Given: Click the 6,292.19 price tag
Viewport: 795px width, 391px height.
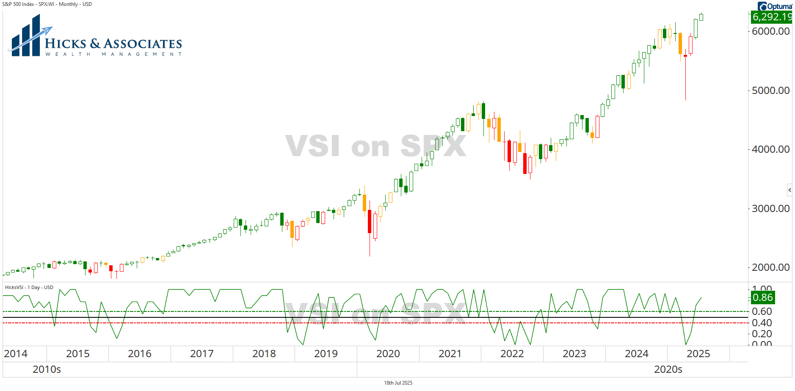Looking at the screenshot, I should (771, 17).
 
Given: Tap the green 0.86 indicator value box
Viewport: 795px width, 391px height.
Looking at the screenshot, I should (763, 297).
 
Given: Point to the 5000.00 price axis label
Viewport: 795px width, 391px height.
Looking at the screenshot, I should (770, 91).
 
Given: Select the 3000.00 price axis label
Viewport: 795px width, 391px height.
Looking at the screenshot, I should (770, 209).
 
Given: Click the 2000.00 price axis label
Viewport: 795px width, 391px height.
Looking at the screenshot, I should (770, 267).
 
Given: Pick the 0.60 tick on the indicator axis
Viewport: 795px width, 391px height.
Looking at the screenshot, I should (762, 311).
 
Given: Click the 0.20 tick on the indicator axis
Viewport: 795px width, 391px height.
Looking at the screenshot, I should (762, 334).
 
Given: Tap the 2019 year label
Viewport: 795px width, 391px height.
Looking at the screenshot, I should (326, 354).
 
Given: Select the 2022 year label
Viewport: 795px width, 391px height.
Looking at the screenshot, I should (512, 354).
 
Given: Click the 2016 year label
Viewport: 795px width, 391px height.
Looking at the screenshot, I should (139, 354).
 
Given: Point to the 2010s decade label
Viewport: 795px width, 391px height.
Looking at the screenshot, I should (47, 369).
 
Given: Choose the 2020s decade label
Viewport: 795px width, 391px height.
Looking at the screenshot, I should (668, 369).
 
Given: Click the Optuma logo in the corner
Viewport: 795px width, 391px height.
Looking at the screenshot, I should (775, 6).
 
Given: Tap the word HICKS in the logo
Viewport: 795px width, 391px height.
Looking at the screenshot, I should (65, 44).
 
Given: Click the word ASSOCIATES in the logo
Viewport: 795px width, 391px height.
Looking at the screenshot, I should (143, 44).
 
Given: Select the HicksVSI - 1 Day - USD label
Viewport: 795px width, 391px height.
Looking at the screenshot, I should (29, 287).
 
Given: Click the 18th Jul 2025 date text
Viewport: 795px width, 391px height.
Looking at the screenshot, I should (398, 383).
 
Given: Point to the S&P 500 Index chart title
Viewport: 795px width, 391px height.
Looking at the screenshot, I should (47, 4).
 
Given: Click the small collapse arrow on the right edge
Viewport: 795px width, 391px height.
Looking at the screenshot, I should (789, 190).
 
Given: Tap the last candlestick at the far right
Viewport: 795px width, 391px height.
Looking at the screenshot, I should (701, 17).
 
